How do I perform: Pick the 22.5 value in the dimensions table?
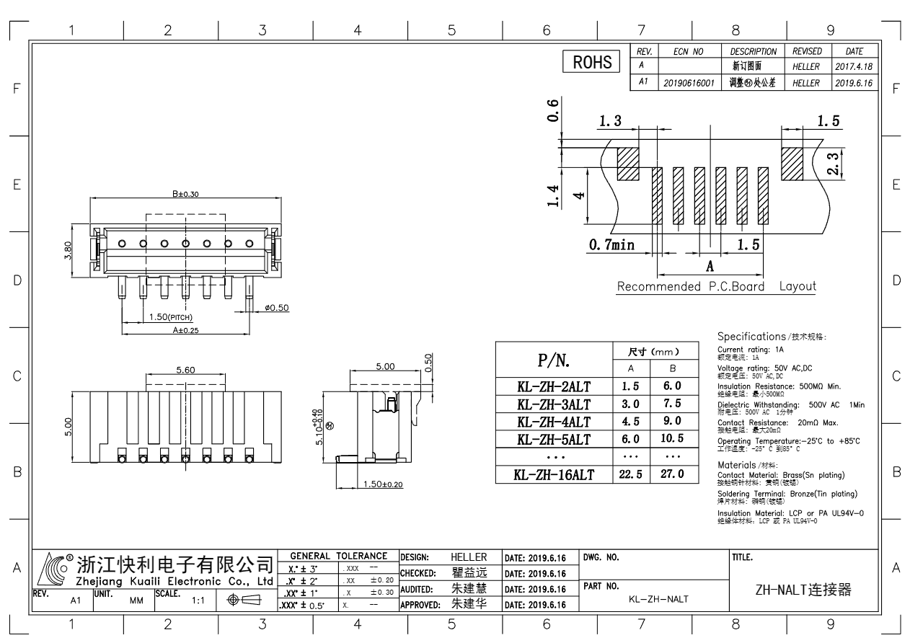click(x=630, y=474)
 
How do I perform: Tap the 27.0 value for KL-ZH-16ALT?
click(x=672, y=474)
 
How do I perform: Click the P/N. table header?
click(x=554, y=360)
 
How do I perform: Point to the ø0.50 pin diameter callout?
click(x=277, y=308)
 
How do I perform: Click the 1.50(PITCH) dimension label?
click(x=171, y=317)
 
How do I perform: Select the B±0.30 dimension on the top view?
click(x=185, y=193)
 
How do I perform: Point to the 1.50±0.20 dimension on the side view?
click(x=381, y=484)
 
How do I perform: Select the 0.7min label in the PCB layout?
click(x=611, y=245)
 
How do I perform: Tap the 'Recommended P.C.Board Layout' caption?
click(x=716, y=286)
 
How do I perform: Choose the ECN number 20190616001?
click(x=688, y=83)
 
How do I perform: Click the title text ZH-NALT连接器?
click(x=803, y=590)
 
